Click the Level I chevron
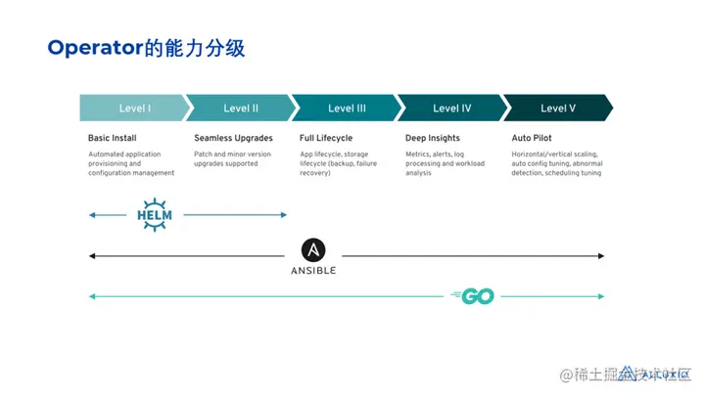134,108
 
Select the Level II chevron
241,108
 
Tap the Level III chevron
347,108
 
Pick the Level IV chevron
452,108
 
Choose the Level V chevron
558,108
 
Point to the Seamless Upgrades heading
233,138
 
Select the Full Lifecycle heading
326,138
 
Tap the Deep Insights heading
433,138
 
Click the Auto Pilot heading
532,138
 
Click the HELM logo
155,214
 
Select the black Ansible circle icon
313,249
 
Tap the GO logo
473,295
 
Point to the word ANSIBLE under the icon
313,270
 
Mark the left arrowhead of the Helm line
91,214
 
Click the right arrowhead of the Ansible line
600,256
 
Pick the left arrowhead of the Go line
91,295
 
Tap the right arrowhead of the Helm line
284,214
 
